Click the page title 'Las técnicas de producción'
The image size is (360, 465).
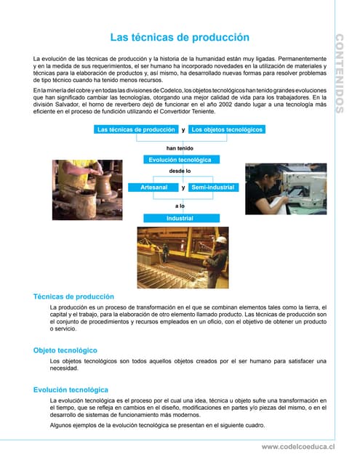tap(180, 37)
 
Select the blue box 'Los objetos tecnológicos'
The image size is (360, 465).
tap(227, 130)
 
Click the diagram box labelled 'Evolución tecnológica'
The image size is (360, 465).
tap(180, 159)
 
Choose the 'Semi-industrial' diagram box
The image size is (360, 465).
tap(213, 187)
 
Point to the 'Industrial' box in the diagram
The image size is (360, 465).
tap(180, 218)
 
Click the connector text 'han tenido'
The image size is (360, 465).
tap(180, 148)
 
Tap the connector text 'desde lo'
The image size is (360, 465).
tap(180, 171)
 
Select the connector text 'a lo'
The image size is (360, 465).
tap(180, 206)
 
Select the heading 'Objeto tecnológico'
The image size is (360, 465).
tap(65, 350)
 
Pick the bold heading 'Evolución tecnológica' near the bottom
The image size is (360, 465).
tap(71, 390)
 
